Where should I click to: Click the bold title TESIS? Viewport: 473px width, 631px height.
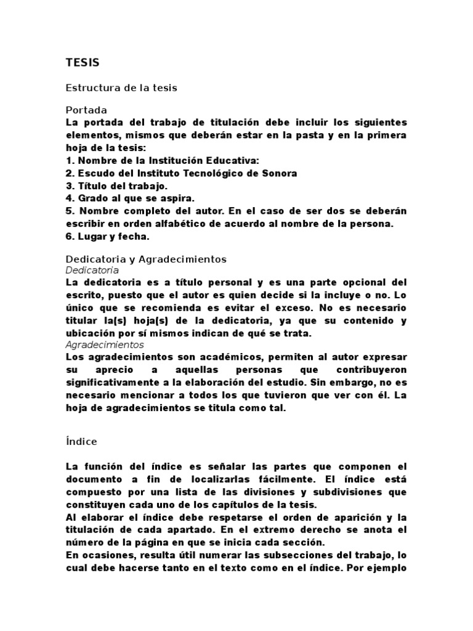pos(83,62)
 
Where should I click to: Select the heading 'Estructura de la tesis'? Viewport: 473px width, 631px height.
pos(121,88)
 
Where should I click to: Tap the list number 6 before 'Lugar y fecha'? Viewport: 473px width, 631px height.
pos(69,236)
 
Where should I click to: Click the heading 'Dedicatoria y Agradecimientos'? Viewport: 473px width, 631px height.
pos(147,259)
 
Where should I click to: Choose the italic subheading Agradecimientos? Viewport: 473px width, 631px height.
pos(105,345)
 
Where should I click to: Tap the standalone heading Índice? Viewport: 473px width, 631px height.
pos(81,442)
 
